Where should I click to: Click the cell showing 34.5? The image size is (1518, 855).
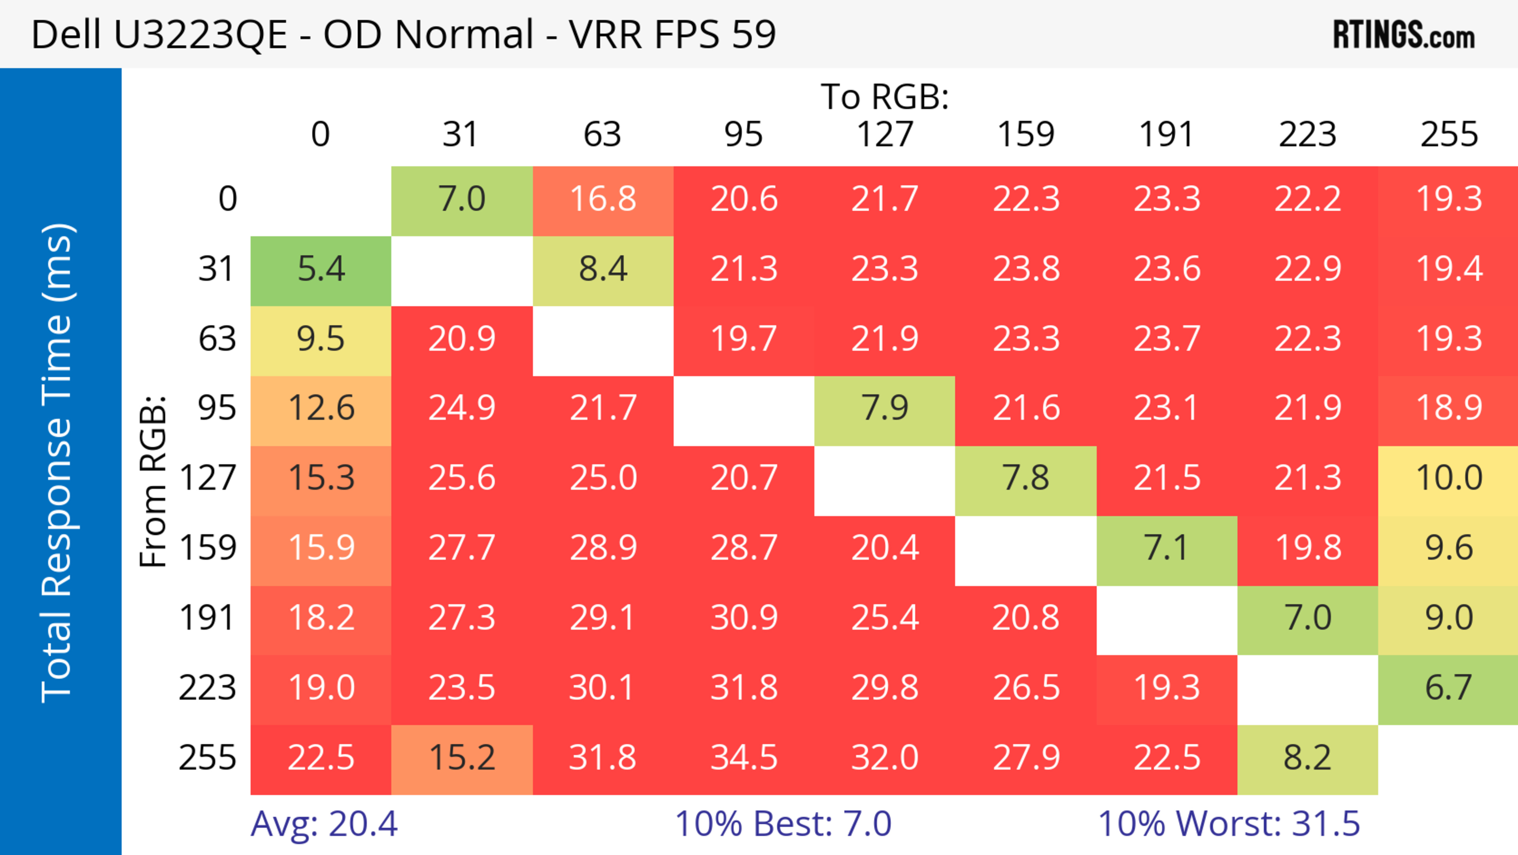[744, 758]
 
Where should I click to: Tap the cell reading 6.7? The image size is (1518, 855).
[1448, 688]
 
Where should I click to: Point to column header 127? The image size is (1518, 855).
[885, 135]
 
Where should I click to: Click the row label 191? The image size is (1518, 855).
[208, 618]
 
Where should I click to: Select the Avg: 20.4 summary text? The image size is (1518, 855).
[324, 824]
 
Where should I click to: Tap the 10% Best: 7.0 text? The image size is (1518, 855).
[783, 824]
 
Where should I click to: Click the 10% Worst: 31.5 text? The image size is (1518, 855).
[1229, 824]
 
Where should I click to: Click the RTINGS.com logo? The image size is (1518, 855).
[1404, 35]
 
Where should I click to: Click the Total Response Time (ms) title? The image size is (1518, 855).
[58, 463]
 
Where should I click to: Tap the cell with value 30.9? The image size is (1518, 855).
[744, 618]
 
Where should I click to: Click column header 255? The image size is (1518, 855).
[1448, 135]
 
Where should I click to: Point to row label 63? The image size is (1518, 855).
[217, 339]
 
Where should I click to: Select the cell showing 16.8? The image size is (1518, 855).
[603, 200]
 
